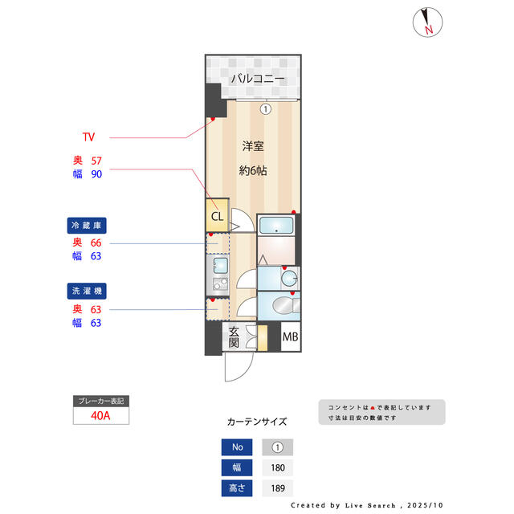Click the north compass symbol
tap(426, 23)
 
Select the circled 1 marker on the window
tap(264, 108)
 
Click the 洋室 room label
tap(254, 146)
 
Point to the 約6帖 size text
tap(253, 171)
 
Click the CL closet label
tap(217, 216)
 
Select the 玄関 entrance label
tap(234, 337)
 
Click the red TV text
tap(88, 137)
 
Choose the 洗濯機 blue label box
tap(88, 291)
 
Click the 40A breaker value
tap(100, 416)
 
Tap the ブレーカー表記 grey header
tap(100, 400)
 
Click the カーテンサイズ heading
tap(257, 421)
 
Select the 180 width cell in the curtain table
tap(278, 468)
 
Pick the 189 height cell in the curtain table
tap(278, 487)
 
